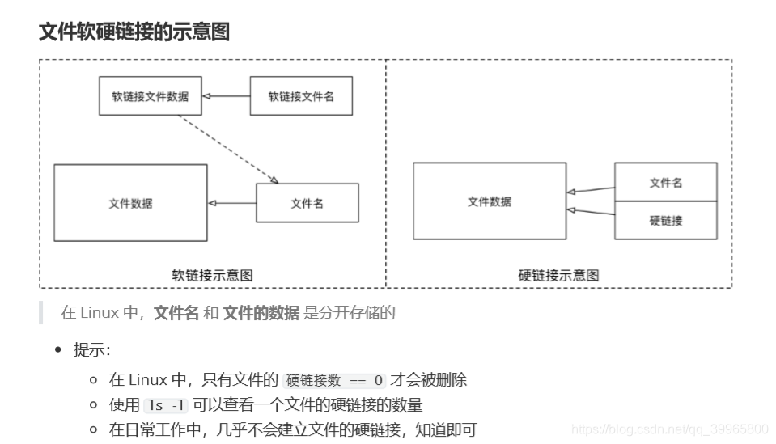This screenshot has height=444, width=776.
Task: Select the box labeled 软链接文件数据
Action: [x=150, y=96]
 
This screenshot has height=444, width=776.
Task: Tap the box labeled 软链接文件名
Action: [x=300, y=96]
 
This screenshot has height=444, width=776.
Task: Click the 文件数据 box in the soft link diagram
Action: [x=130, y=203]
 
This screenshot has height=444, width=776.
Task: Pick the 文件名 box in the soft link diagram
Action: [x=307, y=203]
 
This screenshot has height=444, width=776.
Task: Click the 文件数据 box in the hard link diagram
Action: [x=489, y=201]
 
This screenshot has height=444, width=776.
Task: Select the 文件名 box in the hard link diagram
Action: [x=665, y=183]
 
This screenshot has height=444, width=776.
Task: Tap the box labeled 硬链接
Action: [x=665, y=220]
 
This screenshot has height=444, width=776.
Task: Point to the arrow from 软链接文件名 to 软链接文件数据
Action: [x=226, y=96]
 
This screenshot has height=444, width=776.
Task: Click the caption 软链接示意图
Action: [x=212, y=275]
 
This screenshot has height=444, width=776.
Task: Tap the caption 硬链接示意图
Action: [x=558, y=275]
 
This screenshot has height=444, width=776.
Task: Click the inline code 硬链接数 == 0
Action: [x=334, y=380]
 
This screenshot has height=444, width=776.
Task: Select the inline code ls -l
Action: [x=165, y=405]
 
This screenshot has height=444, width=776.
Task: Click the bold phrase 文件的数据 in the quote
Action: [x=261, y=313]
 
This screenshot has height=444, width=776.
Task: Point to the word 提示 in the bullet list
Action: [x=90, y=350]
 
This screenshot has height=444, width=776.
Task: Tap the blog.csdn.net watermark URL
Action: [x=669, y=429]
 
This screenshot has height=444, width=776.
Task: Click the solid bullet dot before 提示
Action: [x=58, y=350]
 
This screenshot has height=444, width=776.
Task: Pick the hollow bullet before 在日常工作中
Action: [x=93, y=430]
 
